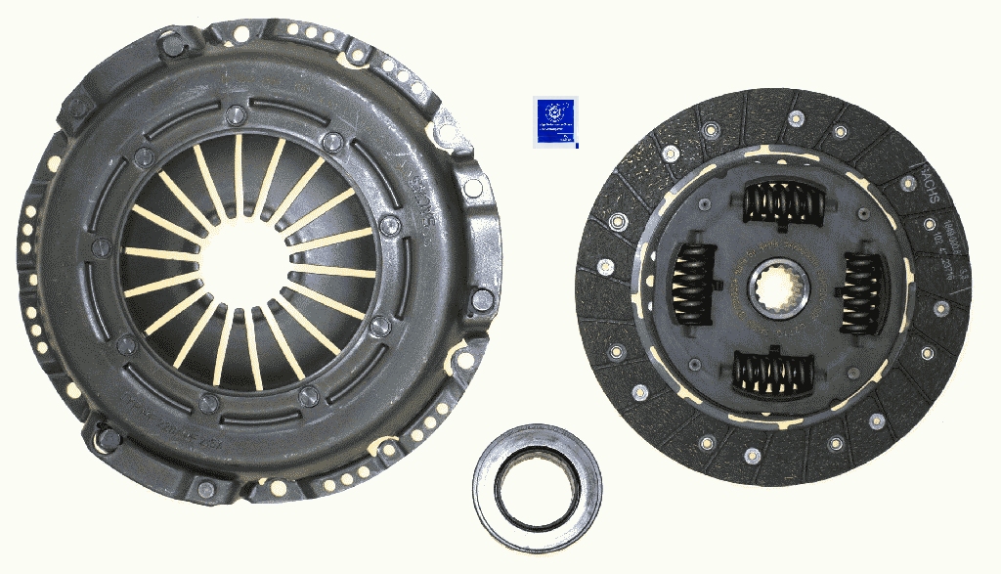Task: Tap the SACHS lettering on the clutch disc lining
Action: point(930,188)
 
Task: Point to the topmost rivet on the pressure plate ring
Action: point(234,116)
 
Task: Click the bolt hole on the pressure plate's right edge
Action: point(481,298)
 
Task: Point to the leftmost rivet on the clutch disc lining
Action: point(606,265)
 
